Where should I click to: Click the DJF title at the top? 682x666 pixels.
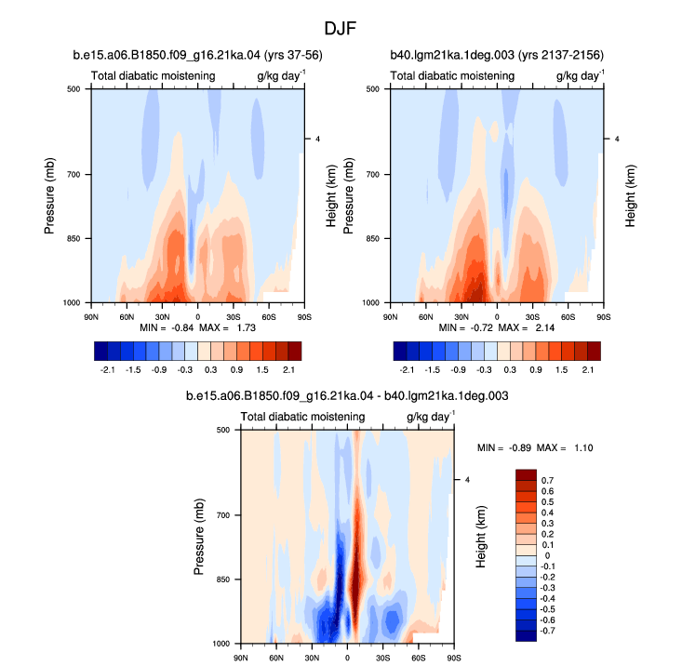click(341, 29)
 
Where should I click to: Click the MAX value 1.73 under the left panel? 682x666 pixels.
click(247, 327)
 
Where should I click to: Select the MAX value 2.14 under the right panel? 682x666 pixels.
click(545, 327)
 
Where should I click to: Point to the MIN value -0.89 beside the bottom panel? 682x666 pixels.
click(520, 447)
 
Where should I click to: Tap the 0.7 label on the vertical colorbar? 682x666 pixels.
click(548, 480)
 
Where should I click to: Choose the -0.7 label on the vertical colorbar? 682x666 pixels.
click(546, 631)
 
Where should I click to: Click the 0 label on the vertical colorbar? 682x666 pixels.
click(547, 555)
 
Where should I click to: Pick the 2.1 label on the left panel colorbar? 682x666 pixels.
click(288, 370)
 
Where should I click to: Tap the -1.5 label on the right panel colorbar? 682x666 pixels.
click(432, 370)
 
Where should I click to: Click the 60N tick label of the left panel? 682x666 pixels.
click(127, 317)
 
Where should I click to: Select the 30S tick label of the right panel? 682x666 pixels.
click(532, 317)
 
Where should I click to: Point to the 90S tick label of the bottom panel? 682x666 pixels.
click(454, 658)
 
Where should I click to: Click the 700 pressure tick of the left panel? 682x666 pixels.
click(74, 174)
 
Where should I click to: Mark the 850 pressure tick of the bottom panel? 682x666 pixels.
click(223, 579)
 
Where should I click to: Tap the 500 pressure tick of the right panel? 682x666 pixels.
click(373, 89)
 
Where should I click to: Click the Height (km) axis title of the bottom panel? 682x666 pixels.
click(481, 537)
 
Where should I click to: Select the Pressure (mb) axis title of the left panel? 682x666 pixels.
click(49, 195)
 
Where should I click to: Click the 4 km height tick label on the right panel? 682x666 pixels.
click(617, 140)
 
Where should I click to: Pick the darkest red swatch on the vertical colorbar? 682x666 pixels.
click(526, 474)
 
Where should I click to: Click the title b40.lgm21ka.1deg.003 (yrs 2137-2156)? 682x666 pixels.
click(497, 55)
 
